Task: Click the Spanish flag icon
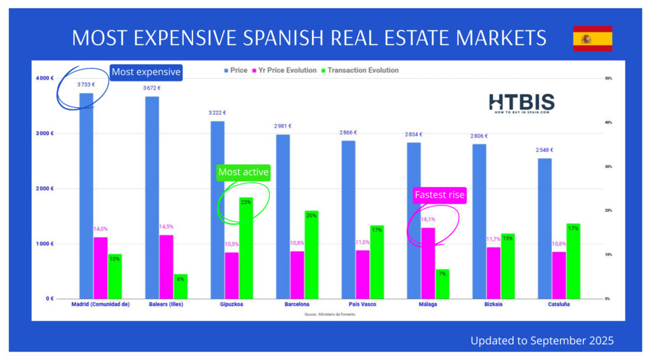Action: click(x=593, y=39)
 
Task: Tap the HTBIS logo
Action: click(x=521, y=104)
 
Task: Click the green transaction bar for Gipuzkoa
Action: click(x=245, y=248)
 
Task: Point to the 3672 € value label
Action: click(x=151, y=88)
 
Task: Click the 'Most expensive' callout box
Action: click(x=146, y=72)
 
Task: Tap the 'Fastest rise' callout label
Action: click(x=439, y=195)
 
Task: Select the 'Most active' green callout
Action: click(x=243, y=172)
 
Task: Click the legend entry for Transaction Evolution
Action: click(x=362, y=70)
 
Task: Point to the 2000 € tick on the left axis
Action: click(x=44, y=189)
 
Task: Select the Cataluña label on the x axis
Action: click(x=558, y=305)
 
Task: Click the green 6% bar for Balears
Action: click(x=181, y=286)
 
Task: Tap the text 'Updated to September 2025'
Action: click(x=542, y=341)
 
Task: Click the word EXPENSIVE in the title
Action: click(x=207, y=38)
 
